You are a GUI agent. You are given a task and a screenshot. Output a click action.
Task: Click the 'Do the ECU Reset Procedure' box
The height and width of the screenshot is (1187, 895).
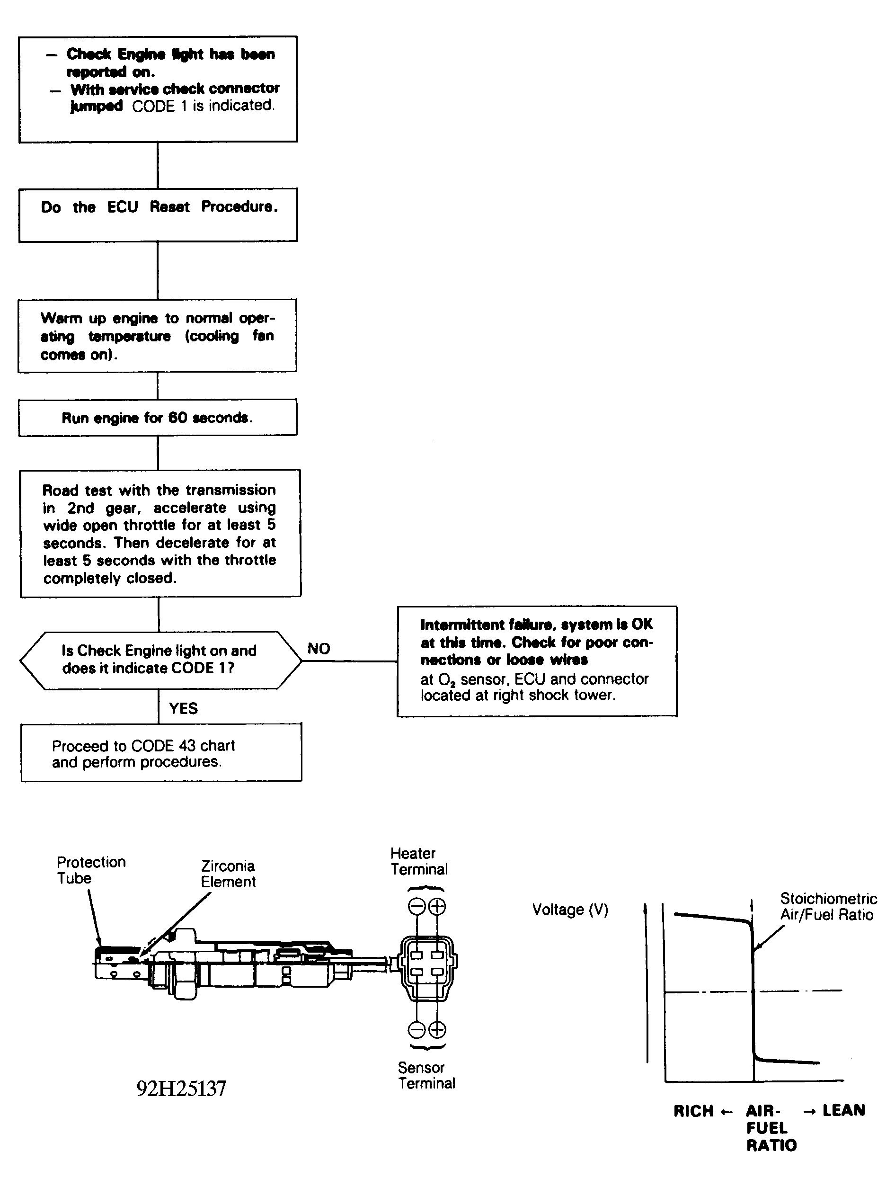click(x=158, y=214)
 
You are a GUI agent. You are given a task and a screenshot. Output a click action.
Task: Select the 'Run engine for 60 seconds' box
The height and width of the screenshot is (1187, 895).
click(x=157, y=418)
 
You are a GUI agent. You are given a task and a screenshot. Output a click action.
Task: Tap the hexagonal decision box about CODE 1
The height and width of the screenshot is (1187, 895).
click(x=160, y=660)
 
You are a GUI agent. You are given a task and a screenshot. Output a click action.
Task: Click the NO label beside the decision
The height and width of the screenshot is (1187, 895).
click(x=319, y=649)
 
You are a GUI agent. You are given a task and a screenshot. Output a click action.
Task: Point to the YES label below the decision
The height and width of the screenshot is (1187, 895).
click(x=184, y=708)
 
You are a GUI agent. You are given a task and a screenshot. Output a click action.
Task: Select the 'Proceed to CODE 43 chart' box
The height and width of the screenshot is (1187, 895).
click(x=161, y=752)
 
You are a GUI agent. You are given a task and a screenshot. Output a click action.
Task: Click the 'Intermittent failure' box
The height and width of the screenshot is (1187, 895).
click(x=537, y=661)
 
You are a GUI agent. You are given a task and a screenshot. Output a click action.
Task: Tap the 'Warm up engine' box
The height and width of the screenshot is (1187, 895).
click(x=157, y=336)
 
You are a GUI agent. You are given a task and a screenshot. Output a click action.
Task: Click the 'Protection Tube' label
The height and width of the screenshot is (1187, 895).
click(x=91, y=870)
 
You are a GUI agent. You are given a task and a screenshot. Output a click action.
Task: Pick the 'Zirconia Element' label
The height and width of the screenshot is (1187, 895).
click(x=228, y=874)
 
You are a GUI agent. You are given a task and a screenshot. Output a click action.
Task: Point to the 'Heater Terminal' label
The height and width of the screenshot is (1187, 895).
click(x=419, y=861)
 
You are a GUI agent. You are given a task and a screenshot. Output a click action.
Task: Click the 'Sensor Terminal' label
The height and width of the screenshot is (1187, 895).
click(x=426, y=1075)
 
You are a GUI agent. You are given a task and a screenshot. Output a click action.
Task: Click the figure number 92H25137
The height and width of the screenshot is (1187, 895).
click(x=181, y=1088)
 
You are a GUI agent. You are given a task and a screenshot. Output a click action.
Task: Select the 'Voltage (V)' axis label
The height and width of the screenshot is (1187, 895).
click(x=570, y=910)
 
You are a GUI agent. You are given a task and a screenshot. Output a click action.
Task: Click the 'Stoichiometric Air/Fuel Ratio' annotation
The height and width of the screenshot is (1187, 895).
click(x=828, y=906)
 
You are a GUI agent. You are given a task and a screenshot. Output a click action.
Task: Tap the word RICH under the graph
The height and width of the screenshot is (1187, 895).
click(x=693, y=1111)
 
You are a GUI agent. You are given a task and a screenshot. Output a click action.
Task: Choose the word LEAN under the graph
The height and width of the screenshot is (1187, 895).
click(x=843, y=1110)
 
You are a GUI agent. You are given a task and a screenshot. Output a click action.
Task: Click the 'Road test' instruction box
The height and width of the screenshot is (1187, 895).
click(x=160, y=534)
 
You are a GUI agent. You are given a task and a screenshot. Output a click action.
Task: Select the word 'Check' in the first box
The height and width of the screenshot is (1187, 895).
click(x=89, y=54)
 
